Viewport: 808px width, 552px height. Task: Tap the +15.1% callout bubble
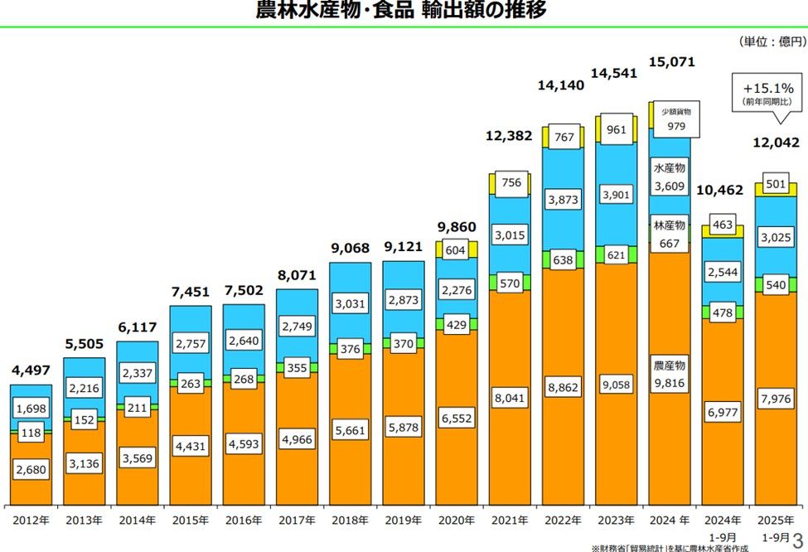click(769, 92)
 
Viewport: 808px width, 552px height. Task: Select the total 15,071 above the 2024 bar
click(671, 62)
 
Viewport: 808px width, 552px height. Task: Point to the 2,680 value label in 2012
click(31, 470)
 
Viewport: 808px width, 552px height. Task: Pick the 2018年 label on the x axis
click(351, 521)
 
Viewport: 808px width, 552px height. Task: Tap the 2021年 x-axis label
click(510, 521)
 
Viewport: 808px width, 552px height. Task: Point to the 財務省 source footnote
click(697, 547)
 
